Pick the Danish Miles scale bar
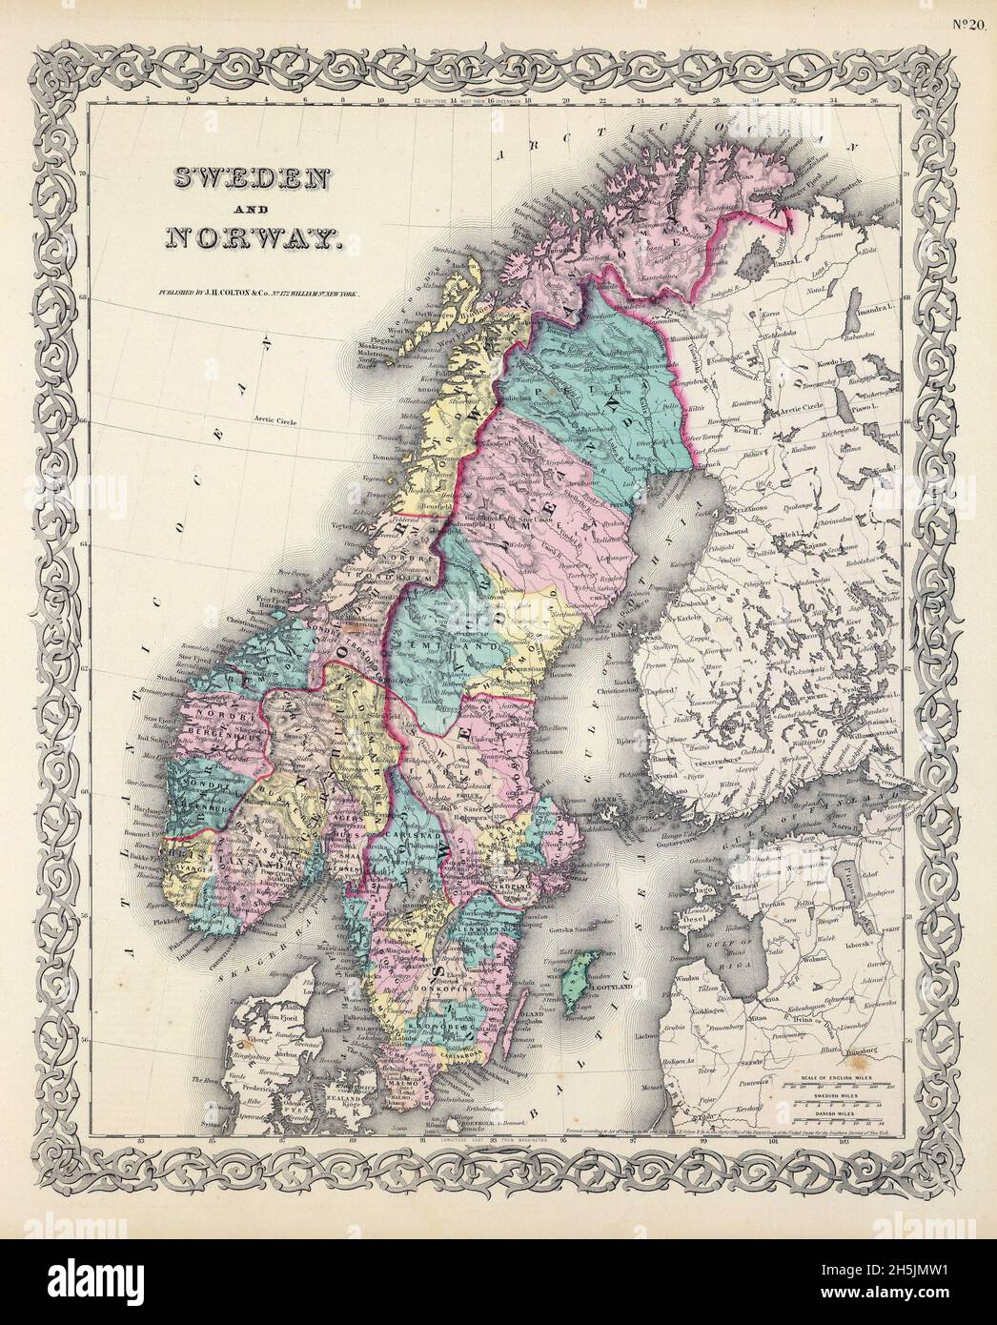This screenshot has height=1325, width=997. [x=840, y=1121]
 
